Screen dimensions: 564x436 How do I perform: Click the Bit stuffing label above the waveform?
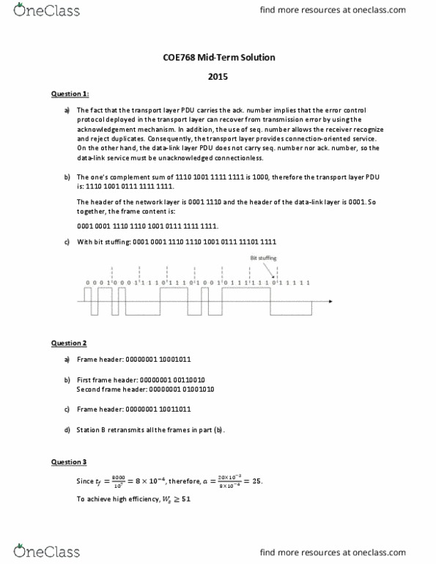tap(264, 257)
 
